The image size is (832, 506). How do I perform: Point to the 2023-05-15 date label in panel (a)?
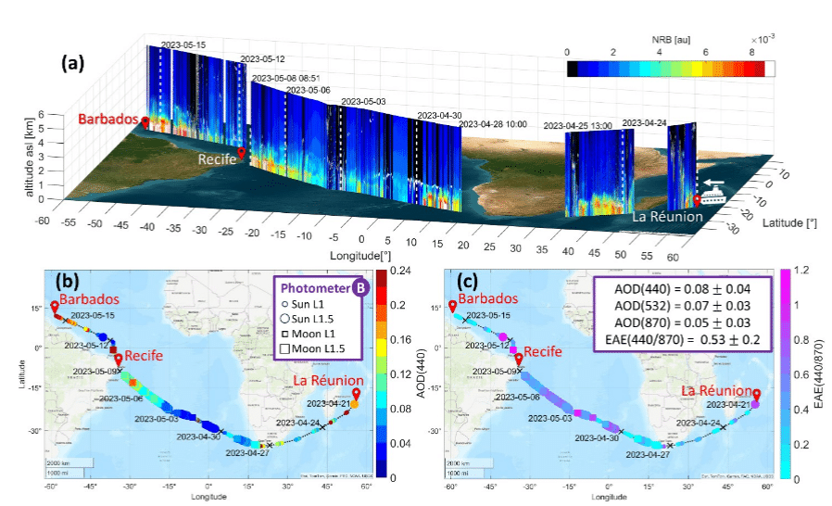183,44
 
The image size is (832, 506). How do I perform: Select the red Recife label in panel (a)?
216,159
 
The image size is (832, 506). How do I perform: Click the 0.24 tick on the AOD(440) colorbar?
400,271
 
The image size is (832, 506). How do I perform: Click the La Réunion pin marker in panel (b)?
356,394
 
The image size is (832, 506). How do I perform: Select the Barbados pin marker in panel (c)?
452,307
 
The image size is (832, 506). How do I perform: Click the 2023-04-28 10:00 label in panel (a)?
493,122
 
